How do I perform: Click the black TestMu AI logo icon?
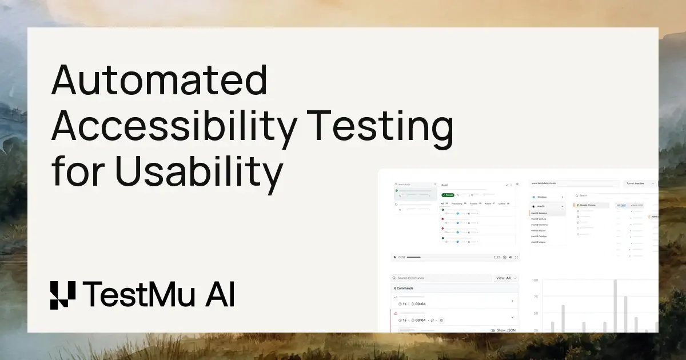click(x=62, y=295)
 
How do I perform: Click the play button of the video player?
click(x=394, y=257)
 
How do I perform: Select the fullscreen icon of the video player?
click(x=517, y=257)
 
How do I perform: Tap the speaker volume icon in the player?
click(x=510, y=257)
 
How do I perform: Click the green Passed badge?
click(x=448, y=195)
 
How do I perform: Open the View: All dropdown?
click(x=506, y=278)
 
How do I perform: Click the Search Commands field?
click(x=440, y=278)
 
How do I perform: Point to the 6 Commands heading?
click(x=404, y=288)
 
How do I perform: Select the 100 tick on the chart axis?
click(x=535, y=281)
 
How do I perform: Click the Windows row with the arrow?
click(x=548, y=197)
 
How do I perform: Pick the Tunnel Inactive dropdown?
click(x=639, y=183)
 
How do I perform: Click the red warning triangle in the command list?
click(x=396, y=313)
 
